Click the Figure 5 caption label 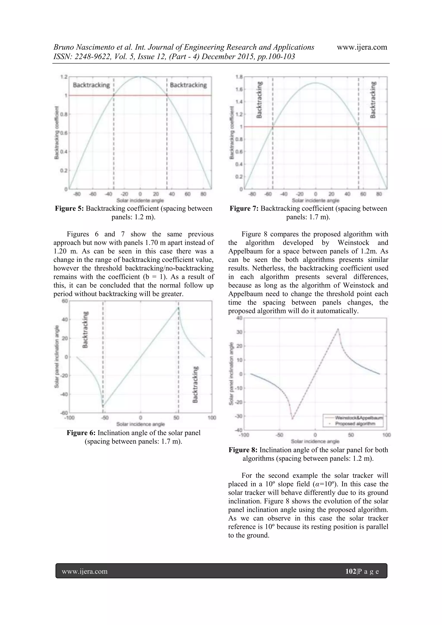pos(69,209)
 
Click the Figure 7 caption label pos(244,209)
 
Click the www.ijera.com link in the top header pos(362,47)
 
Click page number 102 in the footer pos(351,571)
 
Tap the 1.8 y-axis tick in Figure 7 pos(239,77)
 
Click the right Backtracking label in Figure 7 pos(373,100)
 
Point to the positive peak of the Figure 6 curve pos(178,307)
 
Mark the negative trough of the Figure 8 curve pos(292,419)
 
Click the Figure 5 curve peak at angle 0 pos(140,77)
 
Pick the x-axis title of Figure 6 pos(140,424)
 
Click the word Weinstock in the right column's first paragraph pos(353,242)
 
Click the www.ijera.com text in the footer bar pos(85,571)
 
